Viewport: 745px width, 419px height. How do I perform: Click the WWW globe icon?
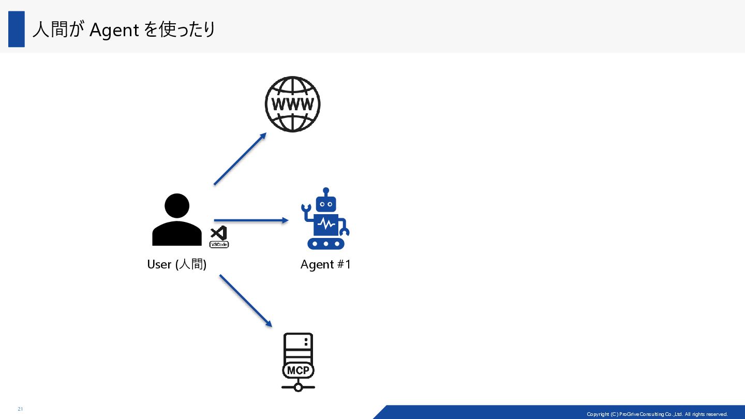coord(292,104)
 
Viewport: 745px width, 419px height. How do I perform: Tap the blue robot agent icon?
coord(325,219)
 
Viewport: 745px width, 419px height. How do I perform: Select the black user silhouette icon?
coord(177,219)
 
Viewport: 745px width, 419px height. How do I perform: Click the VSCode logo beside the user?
coord(219,237)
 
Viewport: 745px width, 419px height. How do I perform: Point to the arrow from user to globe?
coord(240,158)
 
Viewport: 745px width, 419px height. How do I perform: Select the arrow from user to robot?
coord(251,220)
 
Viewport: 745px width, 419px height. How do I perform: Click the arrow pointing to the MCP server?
coord(246,301)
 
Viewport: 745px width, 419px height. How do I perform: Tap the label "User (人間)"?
coord(177,264)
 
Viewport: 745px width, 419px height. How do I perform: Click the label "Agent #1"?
coord(325,264)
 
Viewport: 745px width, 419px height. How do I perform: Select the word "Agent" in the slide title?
coord(114,30)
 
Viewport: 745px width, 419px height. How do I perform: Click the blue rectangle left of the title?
coord(17,29)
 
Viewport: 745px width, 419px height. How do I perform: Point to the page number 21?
coord(20,409)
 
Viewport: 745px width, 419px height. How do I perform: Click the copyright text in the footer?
coord(657,414)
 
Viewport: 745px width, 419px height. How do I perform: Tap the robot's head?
coord(326,203)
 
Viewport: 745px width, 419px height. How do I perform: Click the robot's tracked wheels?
coord(326,243)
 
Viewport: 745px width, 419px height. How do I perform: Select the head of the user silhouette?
coord(177,206)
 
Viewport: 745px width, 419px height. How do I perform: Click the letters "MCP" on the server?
coord(298,370)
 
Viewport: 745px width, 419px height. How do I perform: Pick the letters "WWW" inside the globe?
coord(292,104)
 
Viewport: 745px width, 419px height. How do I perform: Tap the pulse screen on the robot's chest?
coord(326,224)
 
